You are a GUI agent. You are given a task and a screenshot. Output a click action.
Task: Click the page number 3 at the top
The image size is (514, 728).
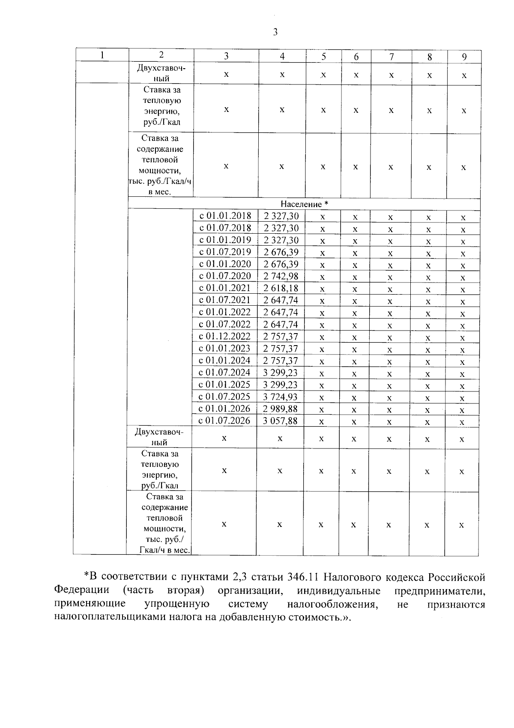(x=275, y=32)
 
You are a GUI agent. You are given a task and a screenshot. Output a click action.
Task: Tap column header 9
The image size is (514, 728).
(x=464, y=57)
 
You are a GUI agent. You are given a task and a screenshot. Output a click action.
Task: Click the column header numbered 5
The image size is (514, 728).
(x=323, y=57)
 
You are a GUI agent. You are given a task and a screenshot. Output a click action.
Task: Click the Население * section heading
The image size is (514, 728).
(x=304, y=204)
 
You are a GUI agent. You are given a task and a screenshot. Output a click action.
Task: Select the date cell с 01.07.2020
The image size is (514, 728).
(x=225, y=276)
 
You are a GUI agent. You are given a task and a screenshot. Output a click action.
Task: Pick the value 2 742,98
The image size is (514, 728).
(x=281, y=276)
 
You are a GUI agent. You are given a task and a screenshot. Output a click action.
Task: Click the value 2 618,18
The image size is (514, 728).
(x=281, y=288)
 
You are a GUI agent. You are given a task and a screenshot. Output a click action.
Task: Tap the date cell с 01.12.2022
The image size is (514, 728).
(x=225, y=336)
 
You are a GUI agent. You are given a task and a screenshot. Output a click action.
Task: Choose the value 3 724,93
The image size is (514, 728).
(x=281, y=397)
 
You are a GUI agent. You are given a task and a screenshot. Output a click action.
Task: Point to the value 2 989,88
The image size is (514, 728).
(x=281, y=409)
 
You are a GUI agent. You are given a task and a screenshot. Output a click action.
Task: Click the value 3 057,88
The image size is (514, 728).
(x=281, y=421)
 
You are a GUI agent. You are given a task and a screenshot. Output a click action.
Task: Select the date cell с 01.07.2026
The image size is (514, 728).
(x=224, y=421)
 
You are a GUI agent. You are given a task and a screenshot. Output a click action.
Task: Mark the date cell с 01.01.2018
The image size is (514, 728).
(x=226, y=216)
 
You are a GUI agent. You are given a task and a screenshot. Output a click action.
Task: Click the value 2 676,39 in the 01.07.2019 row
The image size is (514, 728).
(x=281, y=252)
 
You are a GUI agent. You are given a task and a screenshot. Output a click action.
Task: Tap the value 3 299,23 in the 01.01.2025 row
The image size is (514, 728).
(x=281, y=385)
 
